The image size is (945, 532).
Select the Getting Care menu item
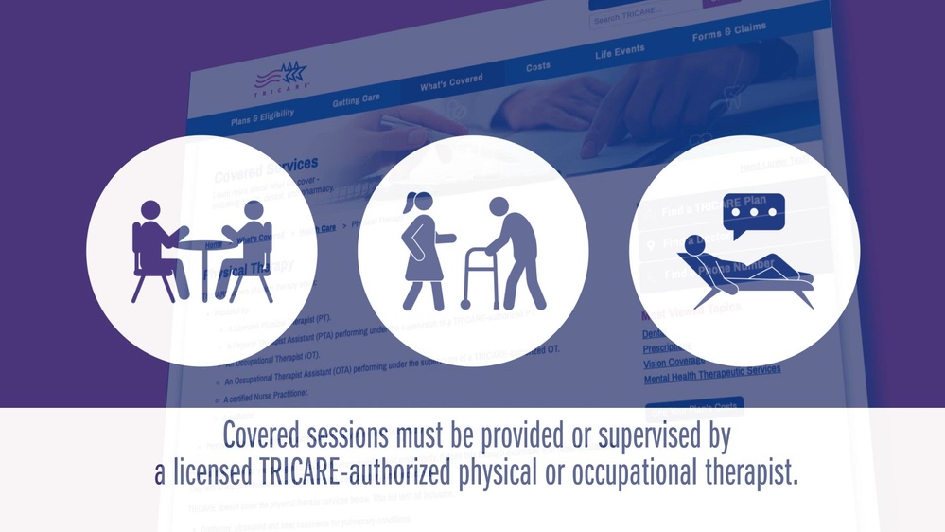tap(356, 98)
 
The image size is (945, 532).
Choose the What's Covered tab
tap(451, 82)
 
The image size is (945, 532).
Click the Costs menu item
tap(538, 67)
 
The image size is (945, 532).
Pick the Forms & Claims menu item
tap(728, 31)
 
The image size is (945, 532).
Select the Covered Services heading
tap(266, 170)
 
